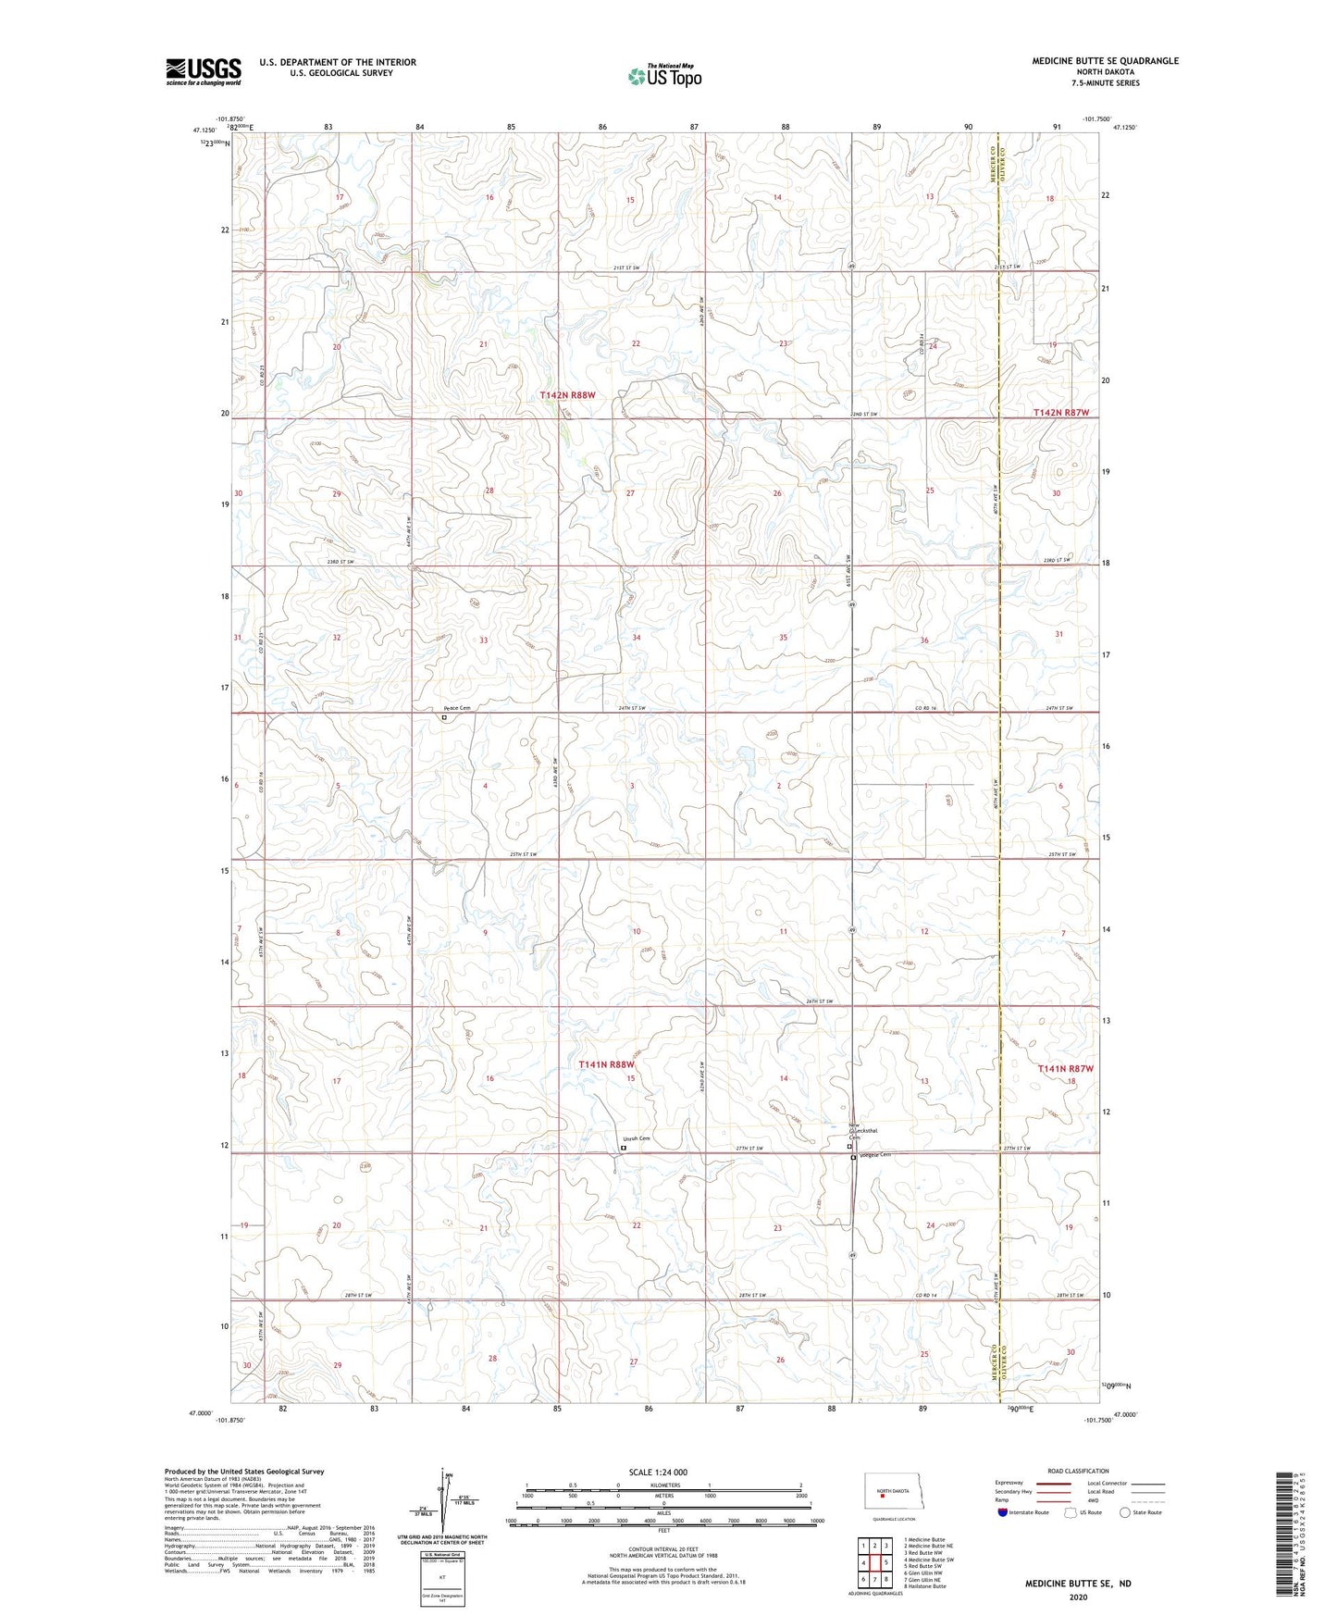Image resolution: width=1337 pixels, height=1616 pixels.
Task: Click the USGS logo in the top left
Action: click(x=204, y=71)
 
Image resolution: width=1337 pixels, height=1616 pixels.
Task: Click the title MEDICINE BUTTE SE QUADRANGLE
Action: click(x=1105, y=61)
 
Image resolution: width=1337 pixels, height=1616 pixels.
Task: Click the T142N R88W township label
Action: click(x=567, y=395)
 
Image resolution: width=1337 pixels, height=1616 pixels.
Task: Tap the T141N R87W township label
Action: click(x=1065, y=1069)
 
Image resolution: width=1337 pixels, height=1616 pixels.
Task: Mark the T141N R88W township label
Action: click(x=606, y=1065)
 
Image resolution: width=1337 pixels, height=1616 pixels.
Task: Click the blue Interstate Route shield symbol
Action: click(x=1003, y=1512)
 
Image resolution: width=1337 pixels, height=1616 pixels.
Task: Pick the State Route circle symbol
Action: click(x=1125, y=1512)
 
